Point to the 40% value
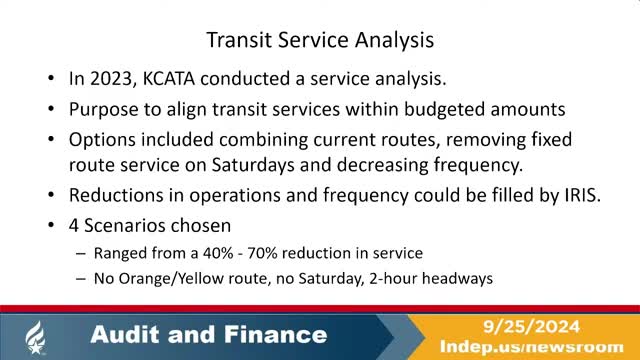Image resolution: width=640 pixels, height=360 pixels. [254, 254]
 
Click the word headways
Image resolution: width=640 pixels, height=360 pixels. [459, 279]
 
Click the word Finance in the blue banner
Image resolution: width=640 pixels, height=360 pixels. [274, 334]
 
